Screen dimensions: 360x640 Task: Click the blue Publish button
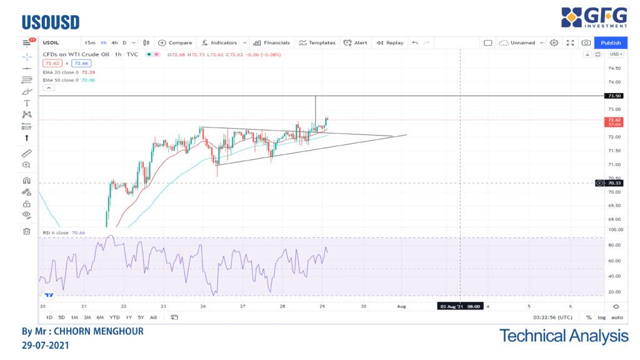611,42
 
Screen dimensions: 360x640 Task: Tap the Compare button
175,42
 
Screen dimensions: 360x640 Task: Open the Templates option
317,42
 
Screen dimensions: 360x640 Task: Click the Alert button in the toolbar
356,42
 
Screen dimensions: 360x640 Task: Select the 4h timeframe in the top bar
114,42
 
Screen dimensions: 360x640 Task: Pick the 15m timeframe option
90,42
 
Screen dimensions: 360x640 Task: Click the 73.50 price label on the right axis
614,96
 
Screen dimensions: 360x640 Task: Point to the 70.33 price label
614,183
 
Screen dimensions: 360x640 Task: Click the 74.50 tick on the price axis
614,68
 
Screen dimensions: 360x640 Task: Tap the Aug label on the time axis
402,306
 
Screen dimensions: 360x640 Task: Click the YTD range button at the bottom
114,317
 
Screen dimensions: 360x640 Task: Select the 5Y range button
141,317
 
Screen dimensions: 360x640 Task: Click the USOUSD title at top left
51,22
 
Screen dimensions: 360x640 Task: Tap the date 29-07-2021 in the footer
46,345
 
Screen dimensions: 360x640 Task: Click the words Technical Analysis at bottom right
564,336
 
